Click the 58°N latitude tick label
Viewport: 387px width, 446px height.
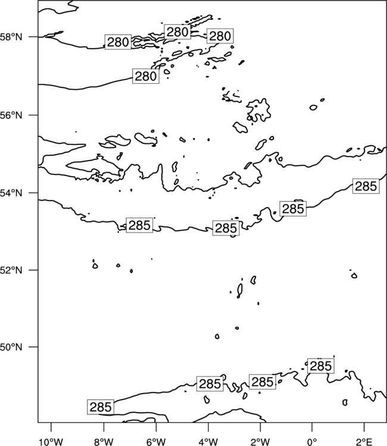(x=11, y=37)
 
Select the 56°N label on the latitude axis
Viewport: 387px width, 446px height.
(x=11, y=115)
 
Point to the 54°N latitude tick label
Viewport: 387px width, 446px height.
(x=11, y=193)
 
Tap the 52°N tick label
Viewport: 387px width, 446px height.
(x=11, y=270)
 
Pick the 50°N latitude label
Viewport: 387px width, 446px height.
(x=11, y=347)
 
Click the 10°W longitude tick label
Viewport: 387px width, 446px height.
(x=51, y=442)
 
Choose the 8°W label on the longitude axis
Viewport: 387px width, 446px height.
(x=104, y=442)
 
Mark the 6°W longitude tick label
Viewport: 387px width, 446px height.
(x=156, y=442)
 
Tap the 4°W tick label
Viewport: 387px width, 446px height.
(x=208, y=442)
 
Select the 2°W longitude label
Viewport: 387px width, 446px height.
(x=260, y=442)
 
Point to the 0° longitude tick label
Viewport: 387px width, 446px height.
(x=312, y=442)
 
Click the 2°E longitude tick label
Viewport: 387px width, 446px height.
(x=364, y=442)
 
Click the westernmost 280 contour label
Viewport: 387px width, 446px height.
(x=118, y=42)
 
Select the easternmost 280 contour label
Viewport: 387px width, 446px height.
(x=220, y=36)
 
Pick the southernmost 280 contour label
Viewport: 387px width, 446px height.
(x=146, y=76)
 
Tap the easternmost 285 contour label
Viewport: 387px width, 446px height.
(x=366, y=186)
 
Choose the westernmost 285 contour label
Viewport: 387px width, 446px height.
(x=101, y=407)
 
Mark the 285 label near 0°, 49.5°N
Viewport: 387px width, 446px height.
(x=321, y=366)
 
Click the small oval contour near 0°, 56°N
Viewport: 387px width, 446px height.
(x=313, y=108)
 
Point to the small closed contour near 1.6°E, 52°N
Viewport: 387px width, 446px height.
(x=354, y=275)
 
